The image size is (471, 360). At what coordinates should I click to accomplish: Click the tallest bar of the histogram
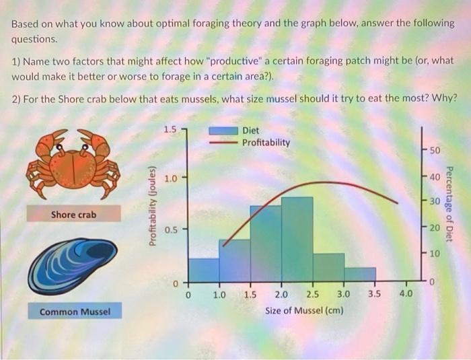pyautogui.click(x=297, y=239)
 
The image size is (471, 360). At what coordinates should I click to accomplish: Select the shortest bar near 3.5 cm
pyautogui.click(x=360, y=274)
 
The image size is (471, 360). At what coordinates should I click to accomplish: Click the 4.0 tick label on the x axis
pyautogui.click(x=406, y=294)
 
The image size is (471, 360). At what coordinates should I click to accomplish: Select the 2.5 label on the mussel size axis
pyautogui.click(x=313, y=294)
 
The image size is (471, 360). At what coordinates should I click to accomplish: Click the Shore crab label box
pyautogui.click(x=73, y=215)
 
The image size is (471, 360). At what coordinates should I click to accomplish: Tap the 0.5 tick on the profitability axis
pyautogui.click(x=170, y=229)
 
